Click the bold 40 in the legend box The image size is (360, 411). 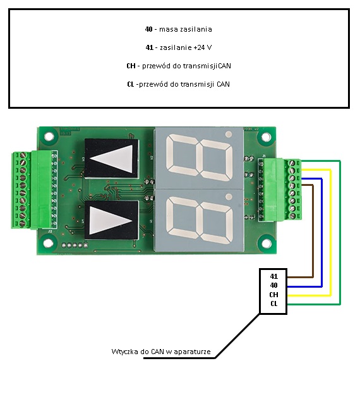coord(148,29)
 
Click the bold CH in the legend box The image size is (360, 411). coord(131,66)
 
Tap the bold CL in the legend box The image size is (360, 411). coord(130,84)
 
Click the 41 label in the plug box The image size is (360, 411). coord(274,276)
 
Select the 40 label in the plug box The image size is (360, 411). coord(273,285)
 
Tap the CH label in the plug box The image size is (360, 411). coord(273,295)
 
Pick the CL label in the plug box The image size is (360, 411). coord(274,304)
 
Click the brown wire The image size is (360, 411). coord(313,231)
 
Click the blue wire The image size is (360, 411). coord(321,233)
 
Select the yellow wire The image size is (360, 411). coord(331,233)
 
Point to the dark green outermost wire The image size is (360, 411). coord(340,233)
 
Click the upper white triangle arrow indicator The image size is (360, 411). coord(112,159)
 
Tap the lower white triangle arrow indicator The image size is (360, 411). coord(111,221)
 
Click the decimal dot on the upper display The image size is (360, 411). coord(229,135)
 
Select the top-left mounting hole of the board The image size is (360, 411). coord(49,137)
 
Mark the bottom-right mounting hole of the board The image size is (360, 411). coord(266,243)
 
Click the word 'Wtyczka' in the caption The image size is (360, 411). coord(125,352)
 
